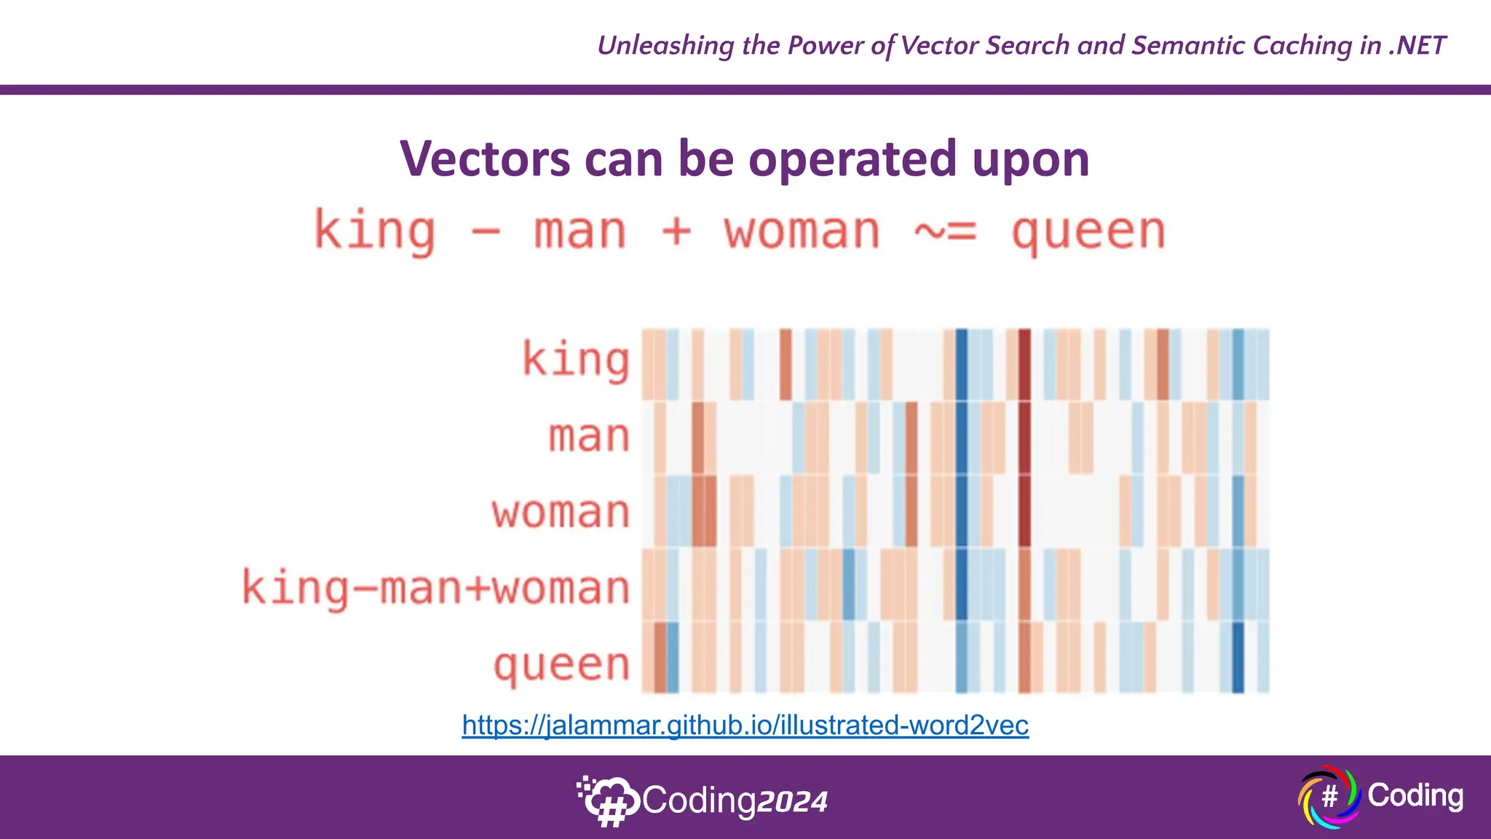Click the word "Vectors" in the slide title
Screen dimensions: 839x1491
485,159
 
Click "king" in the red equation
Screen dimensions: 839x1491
374,232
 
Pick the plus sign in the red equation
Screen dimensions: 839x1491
676,232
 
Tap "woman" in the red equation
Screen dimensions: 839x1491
802,232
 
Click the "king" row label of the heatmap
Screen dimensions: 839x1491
575,360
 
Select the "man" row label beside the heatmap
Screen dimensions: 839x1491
588,437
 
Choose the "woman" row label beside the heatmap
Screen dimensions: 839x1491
561,512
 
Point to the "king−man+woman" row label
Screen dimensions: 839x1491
435,588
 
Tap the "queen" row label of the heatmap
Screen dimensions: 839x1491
561,665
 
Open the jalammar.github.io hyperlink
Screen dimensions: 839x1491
745,725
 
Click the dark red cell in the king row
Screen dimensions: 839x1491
1024,364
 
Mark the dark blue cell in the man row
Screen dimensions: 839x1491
961,438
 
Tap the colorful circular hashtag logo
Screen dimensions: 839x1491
1329,797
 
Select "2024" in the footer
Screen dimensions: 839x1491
792,802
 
